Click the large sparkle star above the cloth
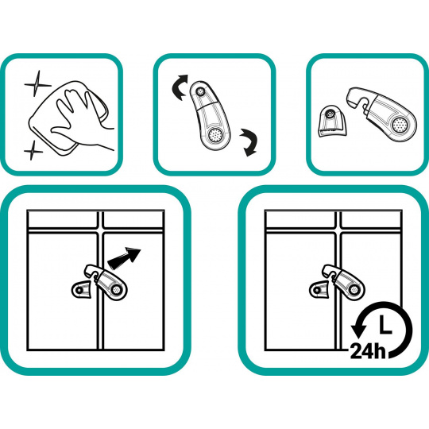(x=36, y=83)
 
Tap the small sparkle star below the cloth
(x=33, y=150)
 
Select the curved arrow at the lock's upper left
(x=180, y=87)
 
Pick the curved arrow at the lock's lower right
(x=249, y=142)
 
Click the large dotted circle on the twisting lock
(x=214, y=135)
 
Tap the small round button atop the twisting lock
(x=200, y=91)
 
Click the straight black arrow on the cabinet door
(x=124, y=257)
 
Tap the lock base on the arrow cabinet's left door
(x=80, y=289)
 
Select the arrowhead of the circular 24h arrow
(x=358, y=330)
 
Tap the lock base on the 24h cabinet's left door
(x=319, y=289)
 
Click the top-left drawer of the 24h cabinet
(x=300, y=219)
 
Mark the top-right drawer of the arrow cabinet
(x=133, y=219)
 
